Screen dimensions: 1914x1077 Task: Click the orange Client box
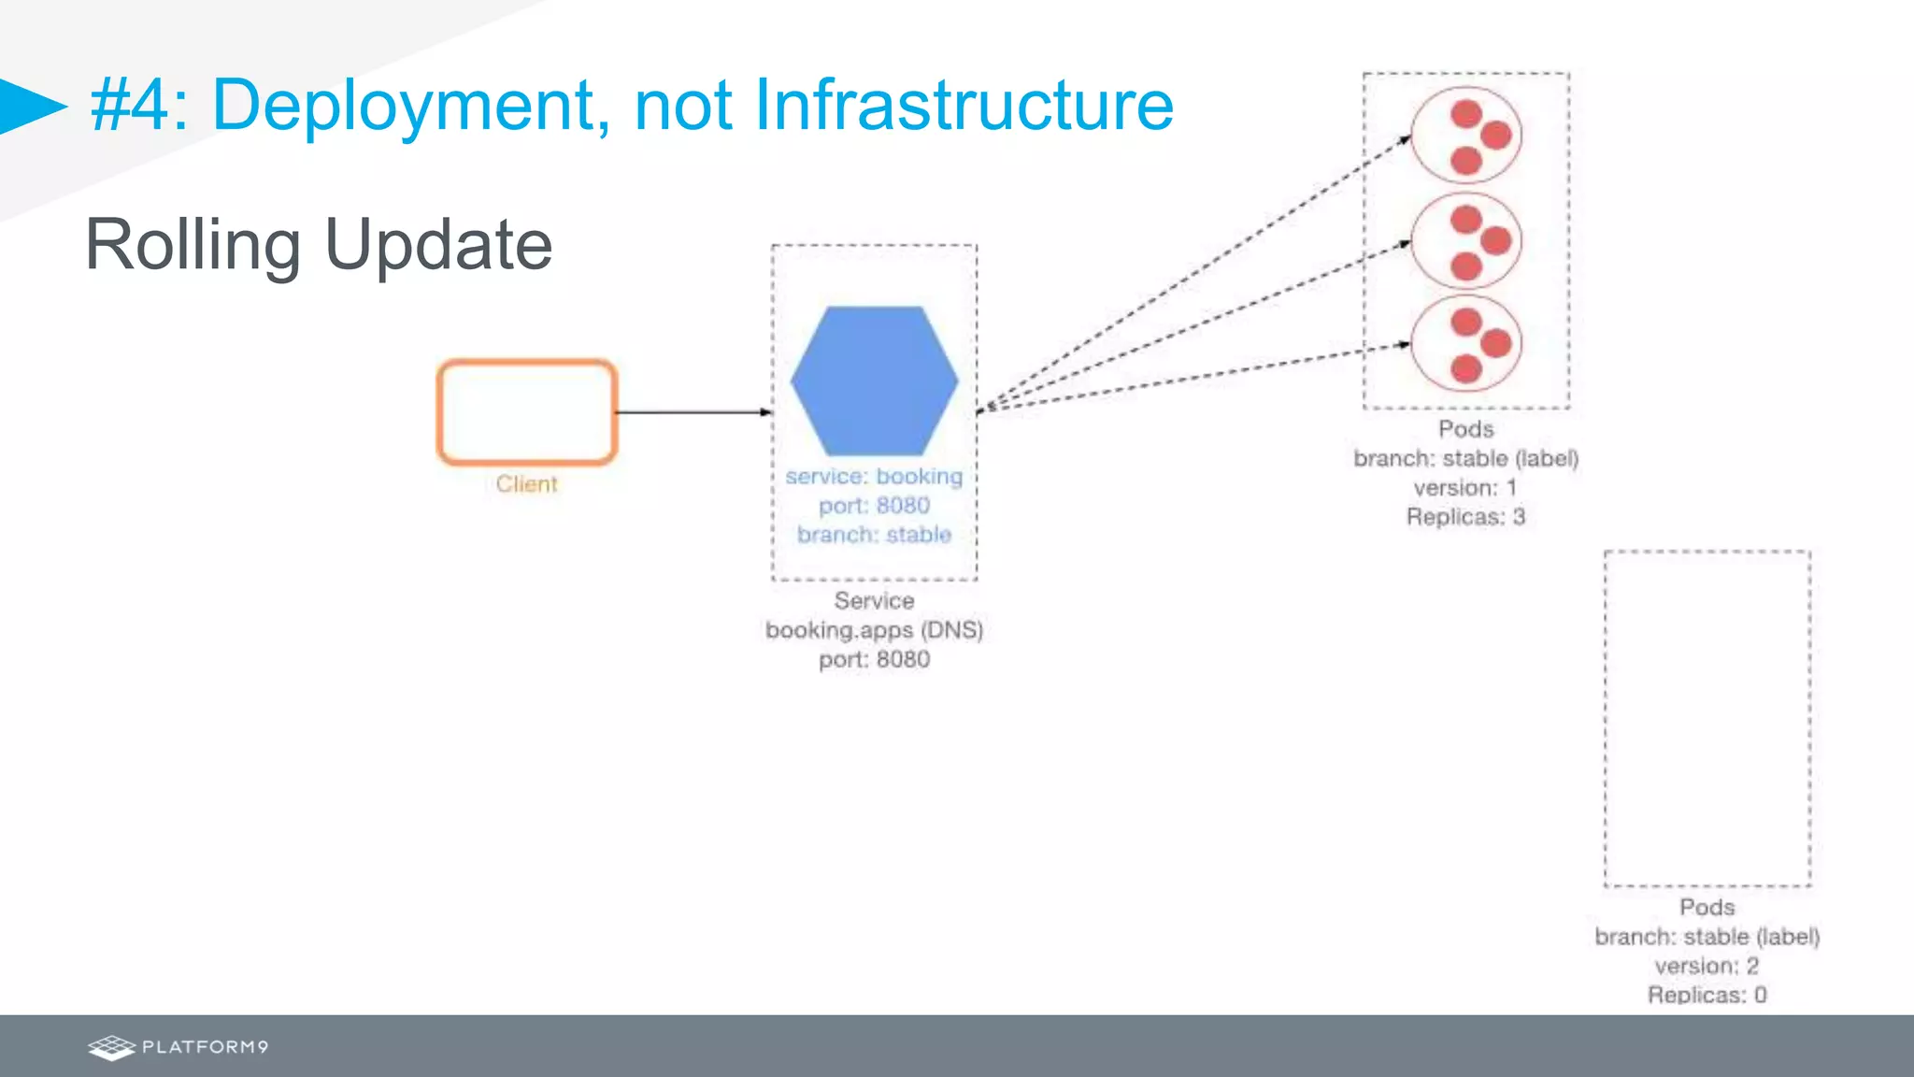[527, 411]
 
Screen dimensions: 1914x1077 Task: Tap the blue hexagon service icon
[874, 381]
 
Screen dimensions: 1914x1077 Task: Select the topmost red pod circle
[1465, 136]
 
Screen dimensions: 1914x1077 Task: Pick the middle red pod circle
[1465, 241]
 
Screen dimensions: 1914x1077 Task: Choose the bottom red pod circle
[1465, 344]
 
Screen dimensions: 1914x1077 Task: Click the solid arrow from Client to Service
[693, 412]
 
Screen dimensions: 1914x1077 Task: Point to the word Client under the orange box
[526, 484]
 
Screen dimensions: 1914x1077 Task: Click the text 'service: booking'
[874, 477]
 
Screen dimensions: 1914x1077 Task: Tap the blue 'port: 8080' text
[874, 506]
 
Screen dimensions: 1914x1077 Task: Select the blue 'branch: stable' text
[874, 535]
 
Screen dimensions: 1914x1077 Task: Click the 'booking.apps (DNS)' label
[874, 630]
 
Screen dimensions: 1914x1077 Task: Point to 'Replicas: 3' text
[1465, 517]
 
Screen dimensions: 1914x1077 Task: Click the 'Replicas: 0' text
[1707, 995]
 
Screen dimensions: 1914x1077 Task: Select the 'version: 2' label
[1707, 966]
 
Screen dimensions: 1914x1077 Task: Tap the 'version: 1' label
[1465, 488]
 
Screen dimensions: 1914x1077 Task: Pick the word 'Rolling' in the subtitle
[193, 245]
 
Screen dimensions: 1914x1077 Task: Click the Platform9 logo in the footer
[178, 1047]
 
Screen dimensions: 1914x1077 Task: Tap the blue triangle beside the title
[30, 106]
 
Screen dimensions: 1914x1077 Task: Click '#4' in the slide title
[131, 105]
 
